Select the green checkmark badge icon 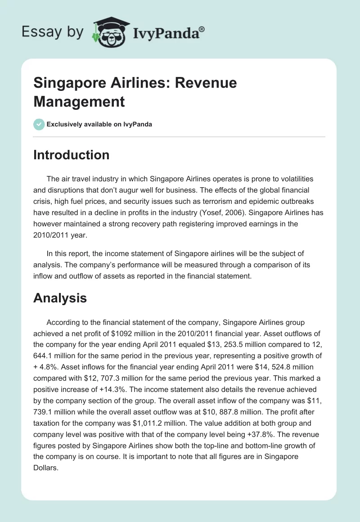coord(39,124)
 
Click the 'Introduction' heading coord(71,155)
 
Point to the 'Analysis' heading coord(60,297)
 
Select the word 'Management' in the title coord(79,102)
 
